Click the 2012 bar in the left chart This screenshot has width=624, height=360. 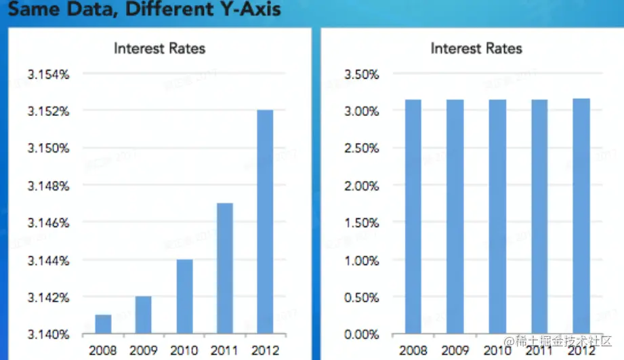(x=265, y=222)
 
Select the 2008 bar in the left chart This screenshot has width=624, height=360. (x=103, y=324)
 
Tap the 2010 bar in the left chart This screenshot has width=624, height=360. (x=184, y=297)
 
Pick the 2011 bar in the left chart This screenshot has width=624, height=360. (x=224, y=268)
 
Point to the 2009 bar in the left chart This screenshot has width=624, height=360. (x=144, y=315)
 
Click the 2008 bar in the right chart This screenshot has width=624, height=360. (x=413, y=217)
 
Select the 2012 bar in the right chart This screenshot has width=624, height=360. (x=581, y=217)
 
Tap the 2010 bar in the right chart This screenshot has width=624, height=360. (x=497, y=217)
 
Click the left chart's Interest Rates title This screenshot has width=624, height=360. (x=159, y=48)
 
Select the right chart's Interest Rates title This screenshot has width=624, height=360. (x=476, y=48)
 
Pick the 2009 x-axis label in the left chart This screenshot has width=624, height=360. (x=142, y=351)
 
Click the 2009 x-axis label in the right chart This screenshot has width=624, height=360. (x=455, y=351)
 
